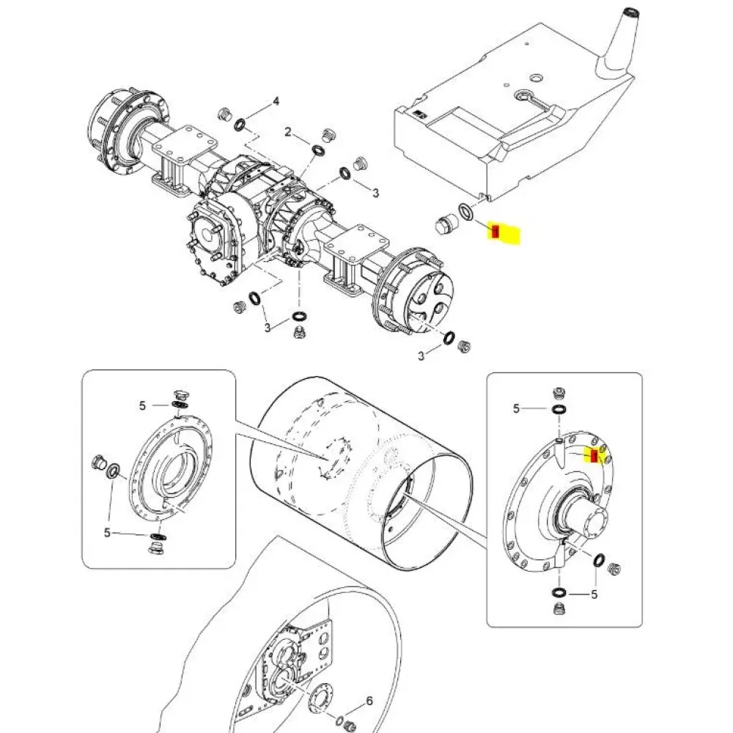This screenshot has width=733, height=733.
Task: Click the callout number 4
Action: coord(276,101)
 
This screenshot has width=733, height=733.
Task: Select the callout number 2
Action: coord(288,133)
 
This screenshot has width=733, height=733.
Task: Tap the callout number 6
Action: coord(369,701)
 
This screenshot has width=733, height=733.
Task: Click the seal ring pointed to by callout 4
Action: coord(240,127)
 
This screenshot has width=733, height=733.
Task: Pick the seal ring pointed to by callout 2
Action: coord(317,150)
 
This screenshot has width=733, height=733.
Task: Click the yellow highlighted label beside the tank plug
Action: coord(504,233)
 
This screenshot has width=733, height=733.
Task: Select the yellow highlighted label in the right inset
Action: coord(596,456)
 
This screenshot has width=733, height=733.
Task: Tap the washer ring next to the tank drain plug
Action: coord(465,213)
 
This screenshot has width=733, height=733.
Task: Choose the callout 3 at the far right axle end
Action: coord(421,356)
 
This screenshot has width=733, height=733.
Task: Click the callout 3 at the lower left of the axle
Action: coord(268,327)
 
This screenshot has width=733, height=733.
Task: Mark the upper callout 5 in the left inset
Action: coord(143,405)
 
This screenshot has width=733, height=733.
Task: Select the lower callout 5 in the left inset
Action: coord(107,533)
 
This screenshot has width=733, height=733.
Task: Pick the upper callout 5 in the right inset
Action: coord(516,408)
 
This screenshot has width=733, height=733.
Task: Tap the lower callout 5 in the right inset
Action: coord(594,594)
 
